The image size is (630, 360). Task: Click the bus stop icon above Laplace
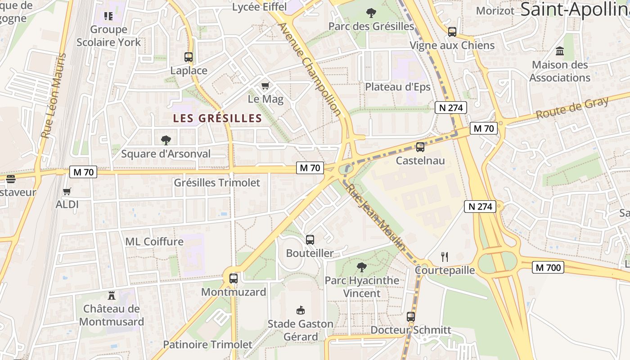tap(189, 57)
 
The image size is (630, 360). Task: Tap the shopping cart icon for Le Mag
tap(265, 85)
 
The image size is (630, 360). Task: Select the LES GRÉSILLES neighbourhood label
tap(217, 118)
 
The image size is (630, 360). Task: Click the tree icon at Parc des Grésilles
tap(371, 13)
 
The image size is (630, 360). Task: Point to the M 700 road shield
tap(548, 268)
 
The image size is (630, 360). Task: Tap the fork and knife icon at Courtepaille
tap(445, 257)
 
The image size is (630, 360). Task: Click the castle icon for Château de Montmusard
tap(112, 296)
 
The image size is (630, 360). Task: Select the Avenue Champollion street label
tap(310, 68)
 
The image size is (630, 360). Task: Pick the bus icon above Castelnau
tap(420, 147)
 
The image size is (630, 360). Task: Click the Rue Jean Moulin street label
tap(376, 217)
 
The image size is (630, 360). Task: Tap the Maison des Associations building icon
tap(560, 51)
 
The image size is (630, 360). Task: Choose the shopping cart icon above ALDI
tap(67, 191)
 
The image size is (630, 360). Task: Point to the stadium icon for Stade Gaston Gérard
tap(301, 310)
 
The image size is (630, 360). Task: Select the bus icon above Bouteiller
tap(310, 240)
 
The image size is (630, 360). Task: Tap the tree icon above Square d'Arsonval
tap(166, 140)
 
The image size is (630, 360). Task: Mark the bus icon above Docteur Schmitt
tap(410, 316)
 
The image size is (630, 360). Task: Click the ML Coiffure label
tap(154, 242)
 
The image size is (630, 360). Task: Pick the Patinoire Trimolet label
tap(207, 345)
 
